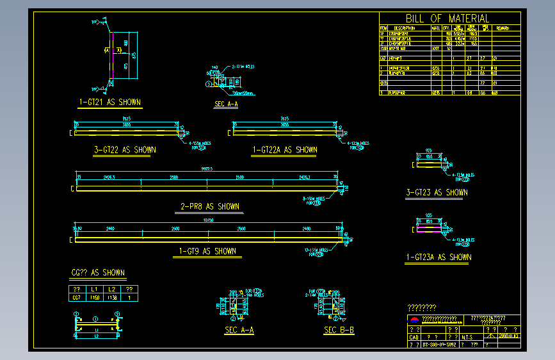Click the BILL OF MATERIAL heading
pyautogui.click(x=447, y=19)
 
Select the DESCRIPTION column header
pyautogui.click(x=405, y=28)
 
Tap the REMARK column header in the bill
pyautogui.click(x=503, y=28)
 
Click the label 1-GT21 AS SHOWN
pyautogui.click(x=109, y=102)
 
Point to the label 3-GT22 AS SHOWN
pyautogui.click(x=124, y=150)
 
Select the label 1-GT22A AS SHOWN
pyautogui.click(x=285, y=150)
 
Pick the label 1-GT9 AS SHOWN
pyautogui.click(x=207, y=251)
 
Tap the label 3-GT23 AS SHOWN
pyautogui.click(x=437, y=192)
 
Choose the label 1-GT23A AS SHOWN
pyautogui.click(x=438, y=257)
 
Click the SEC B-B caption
pyautogui.click(x=339, y=330)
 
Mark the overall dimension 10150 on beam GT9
pyautogui.click(x=208, y=221)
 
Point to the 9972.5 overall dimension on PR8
pyautogui.click(x=207, y=169)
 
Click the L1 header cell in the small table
pyautogui.click(x=94, y=290)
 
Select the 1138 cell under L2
pyautogui.click(x=112, y=297)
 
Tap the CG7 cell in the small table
pyautogui.click(x=76, y=297)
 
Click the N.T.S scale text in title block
pyautogui.click(x=467, y=336)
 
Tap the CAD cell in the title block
pyautogui.click(x=414, y=336)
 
